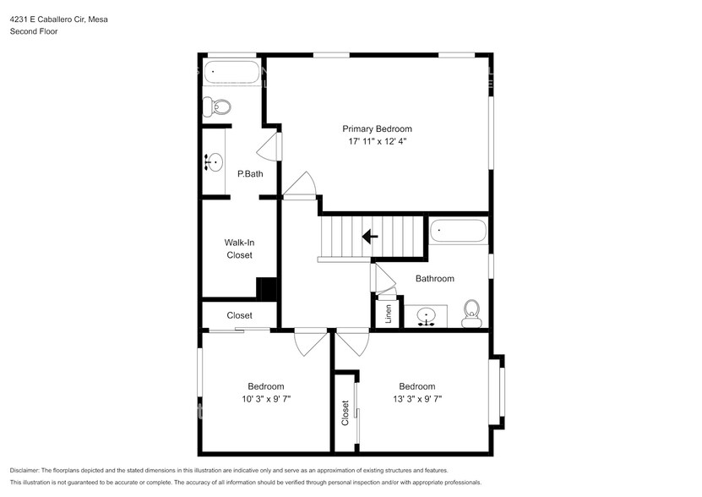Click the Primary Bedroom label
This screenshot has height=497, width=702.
click(x=377, y=128)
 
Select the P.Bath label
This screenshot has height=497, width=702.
click(x=250, y=174)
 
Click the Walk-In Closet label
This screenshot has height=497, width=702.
click(x=239, y=248)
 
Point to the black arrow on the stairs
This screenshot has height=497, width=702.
click(x=370, y=237)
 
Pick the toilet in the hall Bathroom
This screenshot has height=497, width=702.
click(x=472, y=313)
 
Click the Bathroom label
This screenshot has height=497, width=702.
click(x=434, y=278)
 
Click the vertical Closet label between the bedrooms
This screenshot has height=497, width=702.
click(x=346, y=412)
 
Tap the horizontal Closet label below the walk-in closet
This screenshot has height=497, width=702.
click(x=239, y=315)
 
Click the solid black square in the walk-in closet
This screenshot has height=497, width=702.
click(x=267, y=288)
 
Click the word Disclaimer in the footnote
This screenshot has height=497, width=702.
click(x=30, y=470)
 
